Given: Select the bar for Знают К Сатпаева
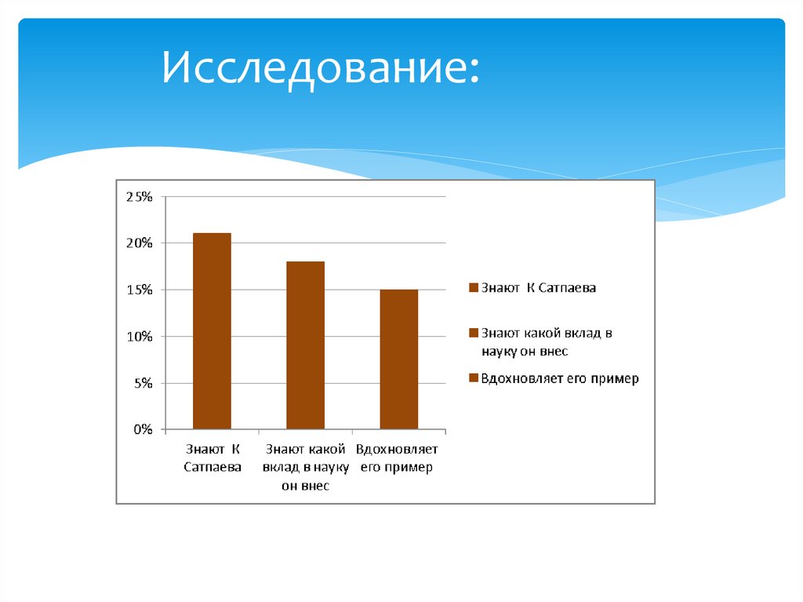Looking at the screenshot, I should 212,331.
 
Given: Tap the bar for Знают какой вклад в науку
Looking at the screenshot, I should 305,345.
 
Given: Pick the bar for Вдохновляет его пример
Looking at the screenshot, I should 398,359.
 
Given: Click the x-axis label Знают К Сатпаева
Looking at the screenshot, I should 212,458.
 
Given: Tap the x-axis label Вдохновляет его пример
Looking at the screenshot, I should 398,458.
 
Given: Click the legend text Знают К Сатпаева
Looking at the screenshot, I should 539,288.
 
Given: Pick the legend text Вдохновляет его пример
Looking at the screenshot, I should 560,378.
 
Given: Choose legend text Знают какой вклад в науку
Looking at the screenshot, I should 547,342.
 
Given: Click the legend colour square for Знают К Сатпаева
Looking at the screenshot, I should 473,288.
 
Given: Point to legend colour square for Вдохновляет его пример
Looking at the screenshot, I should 473,378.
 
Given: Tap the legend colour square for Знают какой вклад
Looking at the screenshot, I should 473,334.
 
